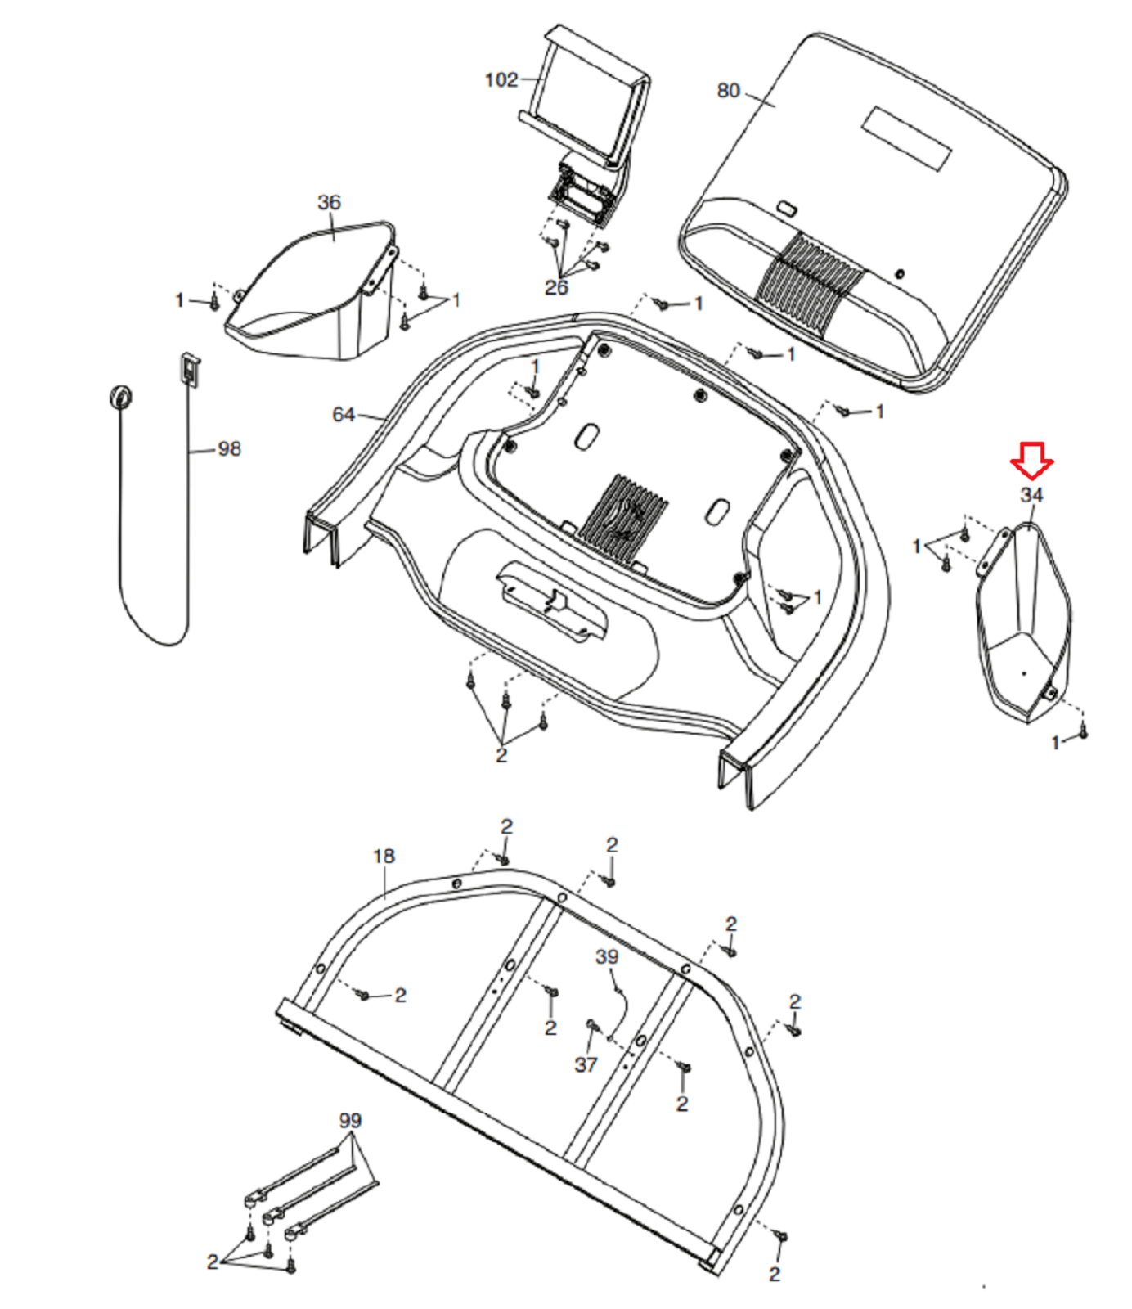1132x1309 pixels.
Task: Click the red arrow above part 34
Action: tap(1031, 461)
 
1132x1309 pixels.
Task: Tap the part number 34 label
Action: tap(1031, 495)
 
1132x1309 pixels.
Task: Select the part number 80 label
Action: tap(728, 91)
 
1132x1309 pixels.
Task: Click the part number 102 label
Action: tap(501, 80)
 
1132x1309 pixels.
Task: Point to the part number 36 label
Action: tap(329, 202)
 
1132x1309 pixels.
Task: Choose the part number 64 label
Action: tap(344, 415)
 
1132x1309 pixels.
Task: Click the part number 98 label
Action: tap(229, 449)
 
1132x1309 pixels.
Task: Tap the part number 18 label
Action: tap(384, 857)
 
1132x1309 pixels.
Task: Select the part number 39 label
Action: tap(607, 957)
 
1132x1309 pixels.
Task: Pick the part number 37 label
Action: tap(586, 1064)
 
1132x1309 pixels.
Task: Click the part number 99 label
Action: tap(350, 1121)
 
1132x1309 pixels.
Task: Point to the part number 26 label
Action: tap(556, 288)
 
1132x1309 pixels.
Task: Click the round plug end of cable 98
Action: tap(120, 397)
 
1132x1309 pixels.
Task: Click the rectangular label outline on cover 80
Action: tap(906, 138)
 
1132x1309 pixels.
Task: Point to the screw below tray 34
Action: tap(1083, 731)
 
